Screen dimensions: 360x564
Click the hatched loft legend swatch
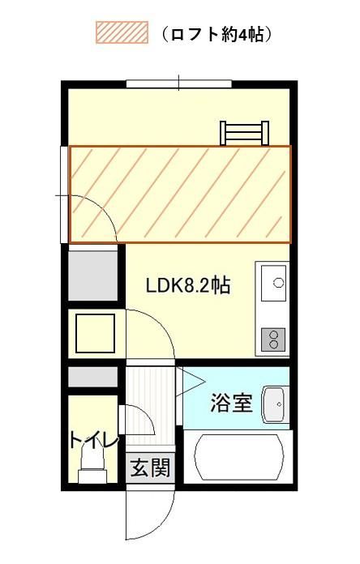(x=122, y=32)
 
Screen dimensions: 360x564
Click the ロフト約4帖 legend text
(x=216, y=35)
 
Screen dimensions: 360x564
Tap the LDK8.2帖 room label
(x=188, y=285)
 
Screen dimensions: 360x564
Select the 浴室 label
(x=231, y=403)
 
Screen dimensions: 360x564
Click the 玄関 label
(x=150, y=468)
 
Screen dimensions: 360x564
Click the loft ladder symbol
(x=245, y=133)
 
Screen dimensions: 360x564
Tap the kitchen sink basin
(x=273, y=283)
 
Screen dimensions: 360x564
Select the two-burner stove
(x=273, y=340)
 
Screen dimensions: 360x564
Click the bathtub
(x=238, y=457)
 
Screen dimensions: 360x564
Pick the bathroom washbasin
(x=275, y=404)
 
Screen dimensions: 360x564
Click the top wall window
(x=179, y=84)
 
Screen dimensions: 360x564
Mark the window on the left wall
(x=64, y=194)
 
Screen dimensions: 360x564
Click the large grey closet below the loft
(x=93, y=276)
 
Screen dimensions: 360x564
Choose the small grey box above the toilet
(x=93, y=377)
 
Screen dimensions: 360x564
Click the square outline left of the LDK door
(x=96, y=333)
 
